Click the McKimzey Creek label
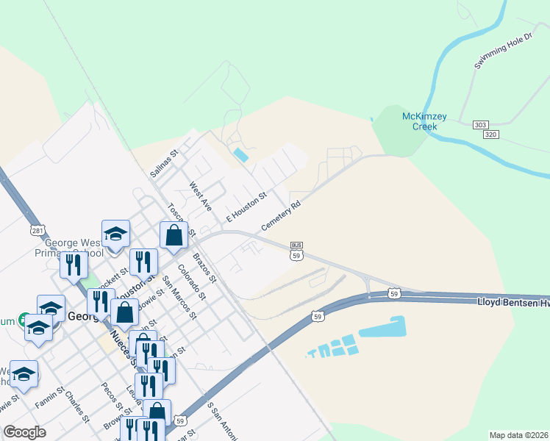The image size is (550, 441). [x=419, y=121]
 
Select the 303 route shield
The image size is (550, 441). [x=481, y=125]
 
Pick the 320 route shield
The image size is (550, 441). [x=492, y=135]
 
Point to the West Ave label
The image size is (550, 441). [x=200, y=196]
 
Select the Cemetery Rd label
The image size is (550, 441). [x=282, y=215]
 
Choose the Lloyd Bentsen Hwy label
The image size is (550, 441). [x=513, y=301]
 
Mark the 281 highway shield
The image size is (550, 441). [x=37, y=231]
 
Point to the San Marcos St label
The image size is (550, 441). [x=179, y=297]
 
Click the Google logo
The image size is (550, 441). [x=25, y=432]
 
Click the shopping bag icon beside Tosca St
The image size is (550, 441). [x=174, y=235]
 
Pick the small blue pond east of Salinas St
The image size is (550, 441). [x=240, y=155]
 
